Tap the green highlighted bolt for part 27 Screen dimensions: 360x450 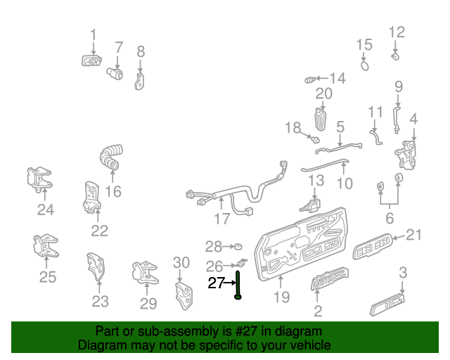[238, 285]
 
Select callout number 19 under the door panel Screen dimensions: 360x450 [281, 297]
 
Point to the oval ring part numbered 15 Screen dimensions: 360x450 [365, 65]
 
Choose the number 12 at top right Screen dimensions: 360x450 [397, 32]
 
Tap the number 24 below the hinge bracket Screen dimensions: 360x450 [45, 209]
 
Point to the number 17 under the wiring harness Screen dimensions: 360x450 [222, 219]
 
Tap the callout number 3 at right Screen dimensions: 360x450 [403, 272]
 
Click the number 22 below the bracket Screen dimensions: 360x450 [100, 230]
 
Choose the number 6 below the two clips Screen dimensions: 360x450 [389, 219]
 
